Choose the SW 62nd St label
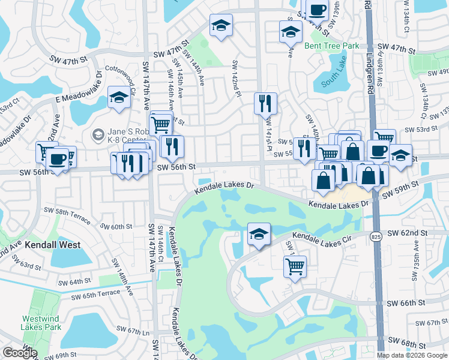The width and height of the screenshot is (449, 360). pos(407,232)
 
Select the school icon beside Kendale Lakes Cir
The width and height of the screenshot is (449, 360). pos(259,234)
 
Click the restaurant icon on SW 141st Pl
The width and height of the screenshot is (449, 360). pos(265,104)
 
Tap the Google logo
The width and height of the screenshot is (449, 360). pos(20,353)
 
